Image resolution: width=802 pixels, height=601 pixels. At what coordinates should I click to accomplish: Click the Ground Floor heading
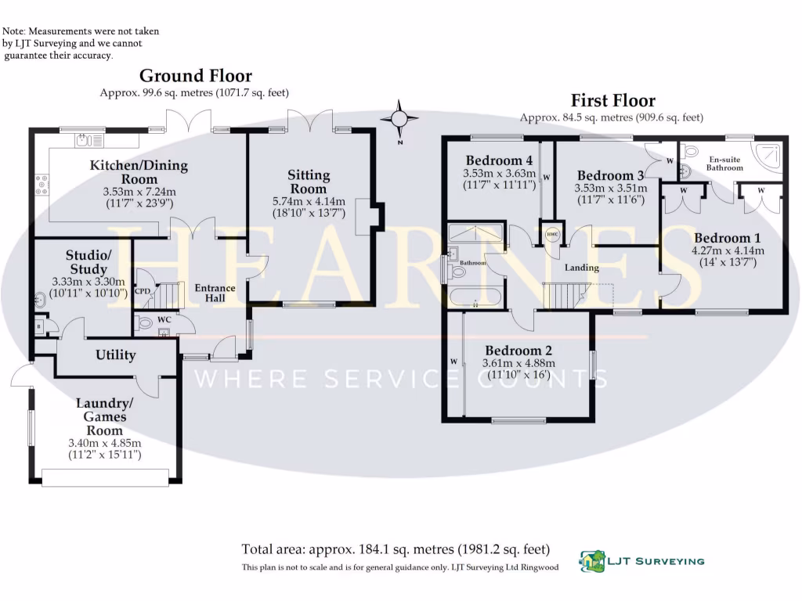[x=196, y=76]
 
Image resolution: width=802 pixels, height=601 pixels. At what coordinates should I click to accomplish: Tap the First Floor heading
[x=612, y=100]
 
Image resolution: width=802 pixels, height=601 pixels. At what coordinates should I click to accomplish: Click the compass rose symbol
[x=399, y=120]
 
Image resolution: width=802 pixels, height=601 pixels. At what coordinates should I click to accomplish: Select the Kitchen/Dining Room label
[x=139, y=172]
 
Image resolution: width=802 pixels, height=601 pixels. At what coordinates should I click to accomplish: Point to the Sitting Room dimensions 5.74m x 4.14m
[x=309, y=201]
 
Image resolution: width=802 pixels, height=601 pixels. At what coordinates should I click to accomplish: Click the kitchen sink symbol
[x=89, y=139]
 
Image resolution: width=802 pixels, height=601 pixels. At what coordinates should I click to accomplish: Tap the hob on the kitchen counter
[x=42, y=185]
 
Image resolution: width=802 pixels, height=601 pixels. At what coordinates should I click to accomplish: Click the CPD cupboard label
[x=143, y=291]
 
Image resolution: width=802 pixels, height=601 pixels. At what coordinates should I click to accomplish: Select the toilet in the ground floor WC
[x=144, y=322]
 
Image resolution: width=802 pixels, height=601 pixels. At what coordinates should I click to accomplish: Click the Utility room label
[x=116, y=355]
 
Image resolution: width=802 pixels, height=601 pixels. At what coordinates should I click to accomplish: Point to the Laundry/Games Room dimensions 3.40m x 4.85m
[x=105, y=443]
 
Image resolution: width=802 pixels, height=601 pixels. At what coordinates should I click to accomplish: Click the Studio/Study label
[x=89, y=262]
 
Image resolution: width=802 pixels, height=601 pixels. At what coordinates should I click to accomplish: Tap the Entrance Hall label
[x=215, y=293]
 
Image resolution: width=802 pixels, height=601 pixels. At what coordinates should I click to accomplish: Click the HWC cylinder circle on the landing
[x=552, y=235]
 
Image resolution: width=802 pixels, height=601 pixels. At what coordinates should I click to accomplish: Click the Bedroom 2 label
[x=518, y=351]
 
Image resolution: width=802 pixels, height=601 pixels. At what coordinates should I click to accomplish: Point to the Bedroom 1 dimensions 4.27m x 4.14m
[x=728, y=250]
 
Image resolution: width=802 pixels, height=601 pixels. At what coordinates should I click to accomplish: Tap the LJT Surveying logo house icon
[x=592, y=561]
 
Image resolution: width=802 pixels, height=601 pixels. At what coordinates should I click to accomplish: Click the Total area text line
[x=396, y=549]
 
